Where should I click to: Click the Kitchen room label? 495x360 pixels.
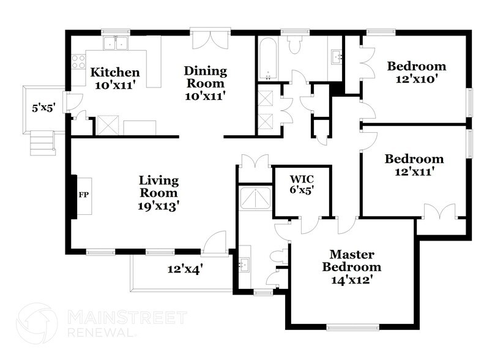pyautogui.click(x=114, y=79)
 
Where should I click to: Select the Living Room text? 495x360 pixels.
pyautogui.click(x=158, y=193)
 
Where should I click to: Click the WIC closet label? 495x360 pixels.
pyautogui.click(x=301, y=184)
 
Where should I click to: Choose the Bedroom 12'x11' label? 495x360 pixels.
pyautogui.click(x=414, y=165)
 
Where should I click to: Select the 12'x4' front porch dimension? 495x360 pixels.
pyautogui.click(x=185, y=268)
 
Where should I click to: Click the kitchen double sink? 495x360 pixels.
pyautogui.click(x=115, y=43)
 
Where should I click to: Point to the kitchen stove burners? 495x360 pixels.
pyautogui.click(x=78, y=61)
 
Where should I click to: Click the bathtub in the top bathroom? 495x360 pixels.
pyautogui.click(x=267, y=59)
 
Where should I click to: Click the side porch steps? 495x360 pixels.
pyautogui.click(x=43, y=144)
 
